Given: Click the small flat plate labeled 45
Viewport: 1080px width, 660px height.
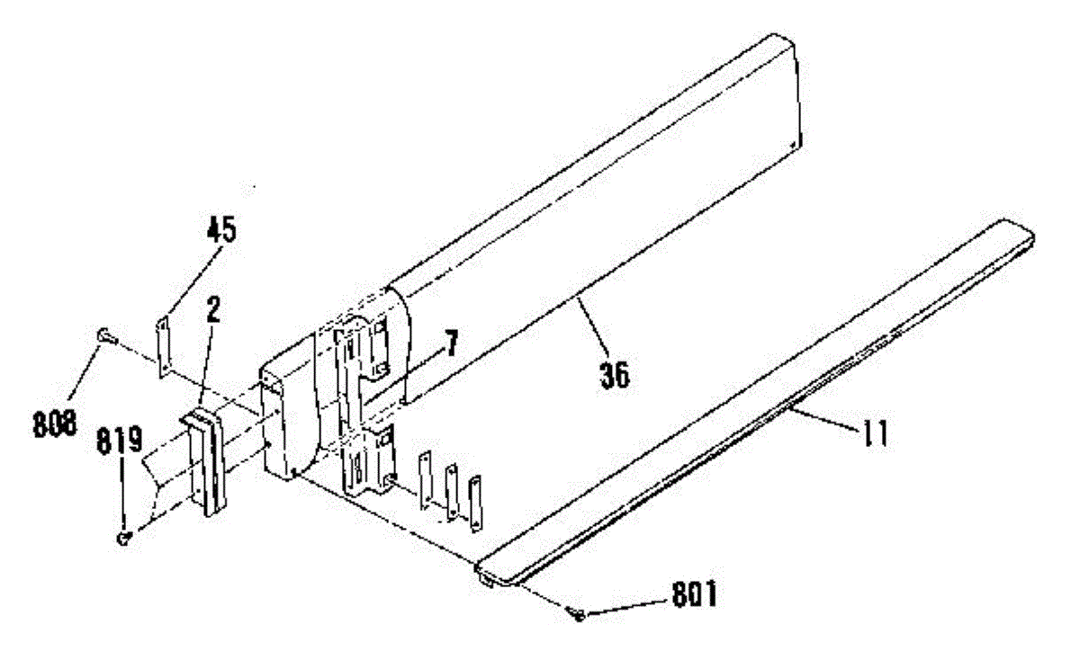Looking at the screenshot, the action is click(x=165, y=345).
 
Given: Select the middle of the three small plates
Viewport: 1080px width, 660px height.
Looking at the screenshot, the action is click(x=452, y=493).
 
